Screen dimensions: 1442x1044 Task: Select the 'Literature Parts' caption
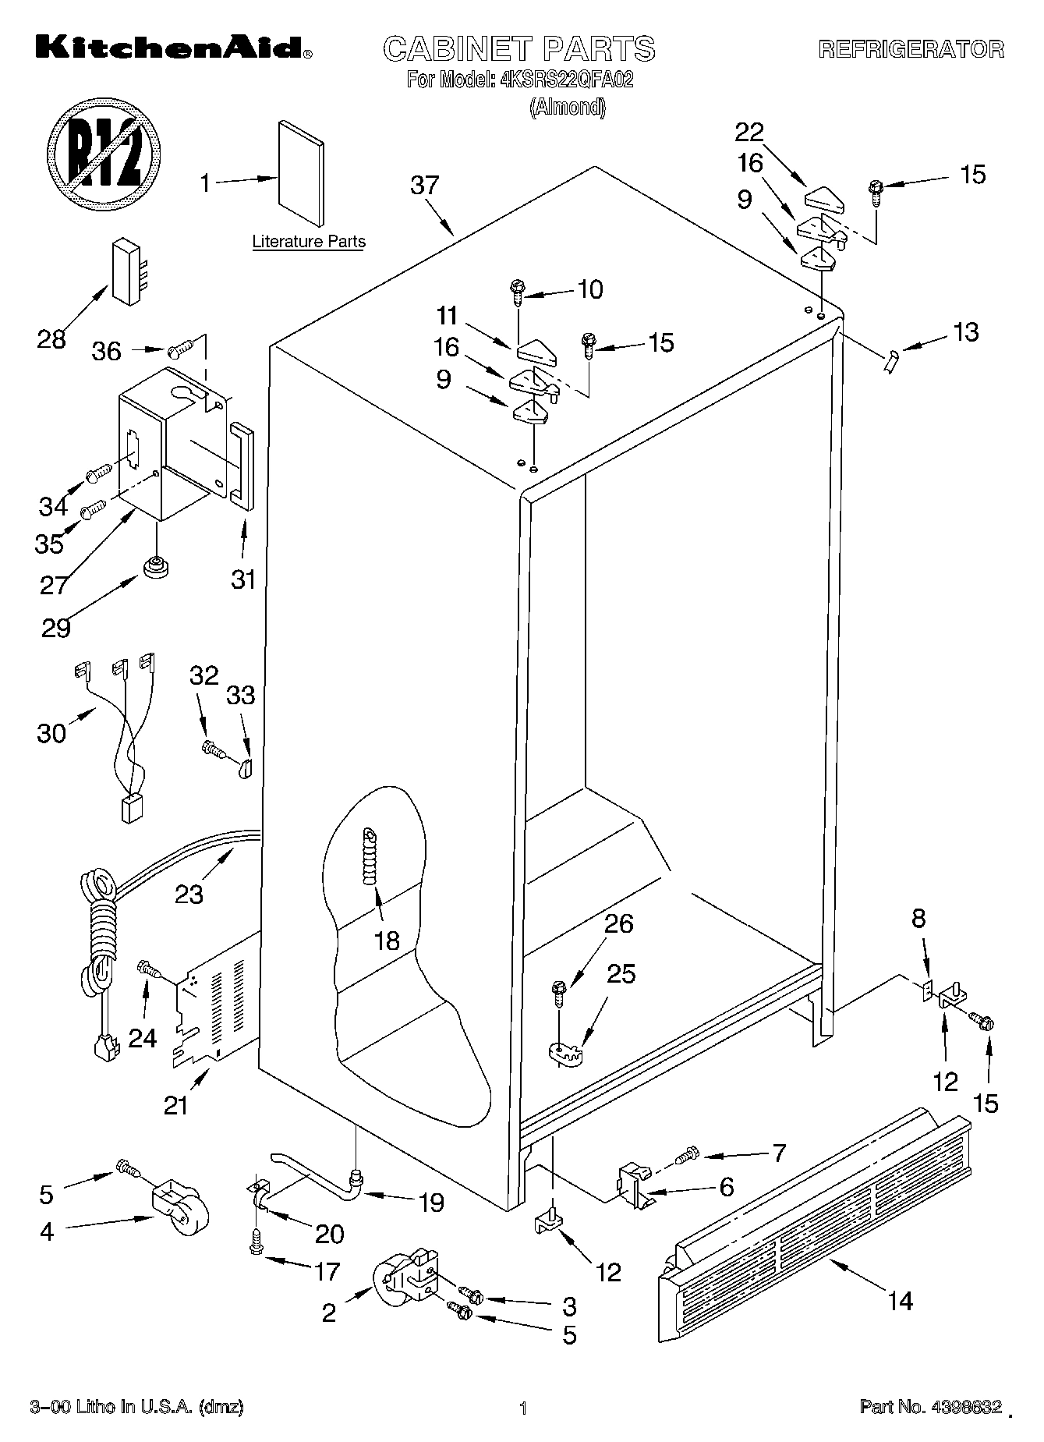tap(309, 242)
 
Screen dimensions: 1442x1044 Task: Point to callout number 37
tap(425, 186)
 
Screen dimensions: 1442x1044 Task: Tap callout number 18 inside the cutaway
tap(387, 941)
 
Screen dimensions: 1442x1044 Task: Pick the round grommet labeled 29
tap(156, 565)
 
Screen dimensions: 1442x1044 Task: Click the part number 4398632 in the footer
tap(964, 1407)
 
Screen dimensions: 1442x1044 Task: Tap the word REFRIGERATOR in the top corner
tap(911, 49)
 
